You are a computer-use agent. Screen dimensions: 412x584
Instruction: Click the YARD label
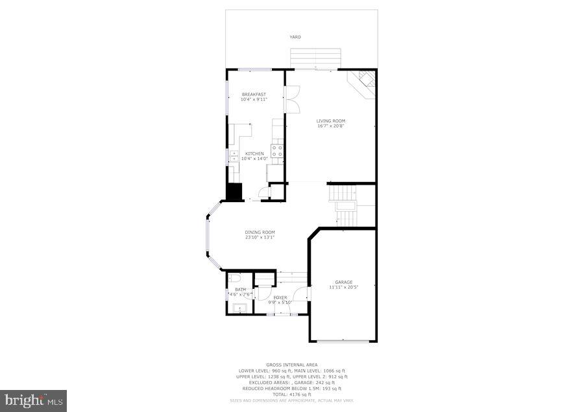pos(295,37)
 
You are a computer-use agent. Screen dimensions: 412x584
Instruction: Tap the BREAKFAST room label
pos(254,95)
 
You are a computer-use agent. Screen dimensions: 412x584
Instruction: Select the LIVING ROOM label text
pos(330,120)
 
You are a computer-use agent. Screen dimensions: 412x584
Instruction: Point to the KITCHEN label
pos(254,154)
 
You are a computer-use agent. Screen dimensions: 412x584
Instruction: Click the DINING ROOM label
pos(260,232)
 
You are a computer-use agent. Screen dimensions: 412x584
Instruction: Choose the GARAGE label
pos(343,282)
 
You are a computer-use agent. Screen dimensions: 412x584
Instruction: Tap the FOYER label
pos(280,297)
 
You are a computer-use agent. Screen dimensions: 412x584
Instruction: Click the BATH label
pos(240,290)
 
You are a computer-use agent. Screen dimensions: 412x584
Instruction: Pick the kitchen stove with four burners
pos(277,152)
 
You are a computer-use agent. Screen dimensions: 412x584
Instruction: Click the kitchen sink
pos(233,156)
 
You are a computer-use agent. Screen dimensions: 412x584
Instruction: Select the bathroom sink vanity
pos(241,308)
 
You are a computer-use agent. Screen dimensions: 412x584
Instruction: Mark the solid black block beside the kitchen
pos(233,192)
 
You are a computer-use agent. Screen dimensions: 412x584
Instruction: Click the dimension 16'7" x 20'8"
pos(330,126)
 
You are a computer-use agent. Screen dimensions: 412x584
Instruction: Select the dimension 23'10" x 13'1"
pos(260,237)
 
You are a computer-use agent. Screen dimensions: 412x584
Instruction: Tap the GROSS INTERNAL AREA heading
pos(292,365)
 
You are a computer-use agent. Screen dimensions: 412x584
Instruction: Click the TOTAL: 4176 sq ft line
pos(292,395)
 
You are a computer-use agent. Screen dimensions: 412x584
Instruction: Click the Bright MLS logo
pos(33,400)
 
